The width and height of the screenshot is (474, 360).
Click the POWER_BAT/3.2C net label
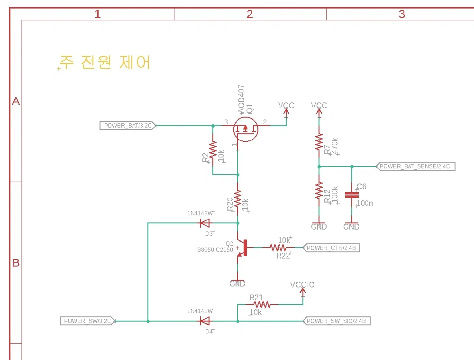click(127, 126)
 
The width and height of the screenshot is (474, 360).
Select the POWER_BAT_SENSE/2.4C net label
click(415, 166)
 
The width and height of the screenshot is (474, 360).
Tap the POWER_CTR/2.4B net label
click(331, 248)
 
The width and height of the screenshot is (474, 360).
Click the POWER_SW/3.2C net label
click(88, 321)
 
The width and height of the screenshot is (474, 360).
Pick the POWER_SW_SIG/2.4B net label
click(336, 321)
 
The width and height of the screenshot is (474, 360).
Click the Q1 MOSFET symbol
click(246, 129)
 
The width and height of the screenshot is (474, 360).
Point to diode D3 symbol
click(205, 223)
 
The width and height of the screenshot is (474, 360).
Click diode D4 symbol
click(205, 321)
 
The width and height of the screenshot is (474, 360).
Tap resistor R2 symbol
click(213, 151)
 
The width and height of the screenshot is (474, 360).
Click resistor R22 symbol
click(278, 248)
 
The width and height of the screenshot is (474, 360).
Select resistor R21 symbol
click(261, 304)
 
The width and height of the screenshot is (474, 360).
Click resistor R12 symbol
click(319, 192)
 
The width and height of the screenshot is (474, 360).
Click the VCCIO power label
click(302, 285)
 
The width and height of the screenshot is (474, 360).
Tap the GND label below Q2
click(237, 284)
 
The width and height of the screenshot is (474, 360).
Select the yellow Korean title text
click(105, 62)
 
